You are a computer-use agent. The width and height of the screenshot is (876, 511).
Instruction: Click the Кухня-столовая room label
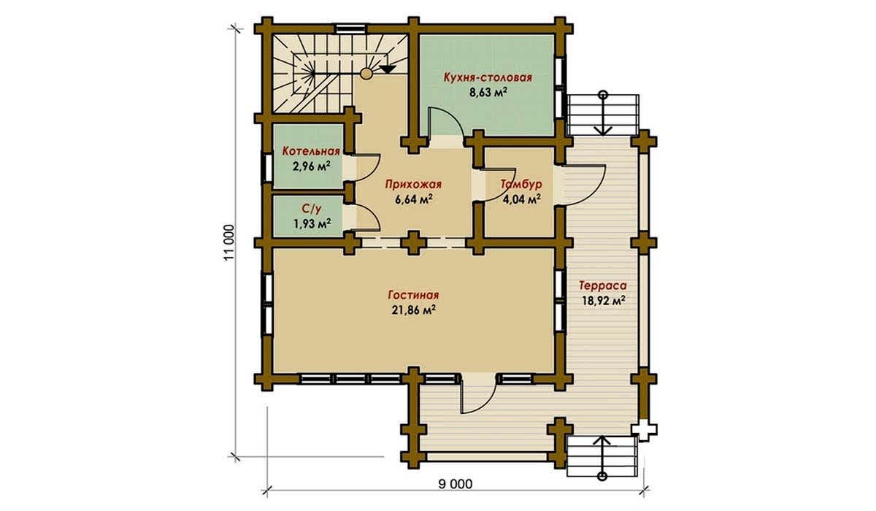[x=488, y=77]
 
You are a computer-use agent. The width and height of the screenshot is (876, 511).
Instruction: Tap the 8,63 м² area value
[x=488, y=92]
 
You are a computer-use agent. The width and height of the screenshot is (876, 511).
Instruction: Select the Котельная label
[x=311, y=151]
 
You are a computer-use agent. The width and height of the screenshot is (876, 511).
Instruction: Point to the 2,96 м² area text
[x=311, y=166]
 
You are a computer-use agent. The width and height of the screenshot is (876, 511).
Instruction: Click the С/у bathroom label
[x=312, y=209]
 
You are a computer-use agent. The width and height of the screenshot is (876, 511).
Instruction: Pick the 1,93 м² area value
[x=312, y=223]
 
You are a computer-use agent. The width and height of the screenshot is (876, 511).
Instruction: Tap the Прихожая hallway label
[x=413, y=185]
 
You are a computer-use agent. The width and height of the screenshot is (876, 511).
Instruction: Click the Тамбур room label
[x=521, y=184]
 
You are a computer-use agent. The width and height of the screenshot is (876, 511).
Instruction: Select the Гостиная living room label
[x=413, y=295]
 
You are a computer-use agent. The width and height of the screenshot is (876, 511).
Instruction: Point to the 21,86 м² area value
[x=414, y=310]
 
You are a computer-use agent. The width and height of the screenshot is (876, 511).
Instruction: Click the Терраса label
[x=603, y=286]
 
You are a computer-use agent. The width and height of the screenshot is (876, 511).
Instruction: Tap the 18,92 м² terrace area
[x=603, y=301]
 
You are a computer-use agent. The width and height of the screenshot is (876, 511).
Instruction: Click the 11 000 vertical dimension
[x=229, y=242]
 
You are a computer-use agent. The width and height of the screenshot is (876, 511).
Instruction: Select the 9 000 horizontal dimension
[x=456, y=485]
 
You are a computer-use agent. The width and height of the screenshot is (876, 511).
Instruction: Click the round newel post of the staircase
[x=366, y=74]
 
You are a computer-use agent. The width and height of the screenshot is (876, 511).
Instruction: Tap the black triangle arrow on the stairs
[x=387, y=69]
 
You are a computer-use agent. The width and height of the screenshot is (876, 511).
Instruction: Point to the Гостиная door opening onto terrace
[x=478, y=395]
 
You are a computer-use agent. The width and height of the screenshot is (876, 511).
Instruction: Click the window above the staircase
[x=350, y=28]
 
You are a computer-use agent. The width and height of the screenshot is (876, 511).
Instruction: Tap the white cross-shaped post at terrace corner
[x=644, y=429]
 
